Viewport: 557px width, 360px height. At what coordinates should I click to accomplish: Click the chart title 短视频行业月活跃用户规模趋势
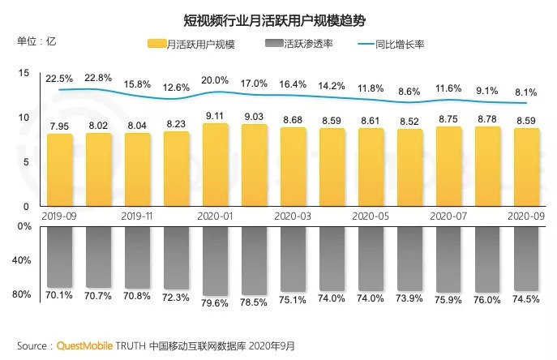[277, 15]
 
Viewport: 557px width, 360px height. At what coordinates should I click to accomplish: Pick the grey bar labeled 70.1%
[59, 255]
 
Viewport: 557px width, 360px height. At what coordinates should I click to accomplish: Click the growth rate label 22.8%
[98, 78]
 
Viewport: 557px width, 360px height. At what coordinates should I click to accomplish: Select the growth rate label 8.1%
[526, 92]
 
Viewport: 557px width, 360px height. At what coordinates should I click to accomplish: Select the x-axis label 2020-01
[215, 216]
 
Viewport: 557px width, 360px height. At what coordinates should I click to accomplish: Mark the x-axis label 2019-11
[137, 216]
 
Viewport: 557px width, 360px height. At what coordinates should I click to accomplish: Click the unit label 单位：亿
[36, 41]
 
